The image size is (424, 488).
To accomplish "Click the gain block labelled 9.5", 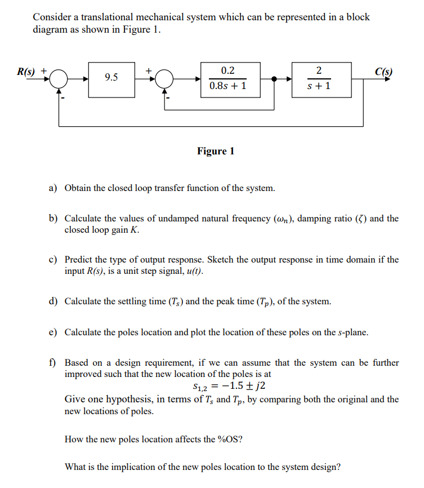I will pyautogui.click(x=111, y=78).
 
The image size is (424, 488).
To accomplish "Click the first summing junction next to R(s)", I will pyautogui.click(x=60, y=79).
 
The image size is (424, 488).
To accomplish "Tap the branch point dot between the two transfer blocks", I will pyautogui.click(x=275, y=79).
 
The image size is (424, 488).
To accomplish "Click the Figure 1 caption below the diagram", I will pyautogui.click(x=216, y=151).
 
